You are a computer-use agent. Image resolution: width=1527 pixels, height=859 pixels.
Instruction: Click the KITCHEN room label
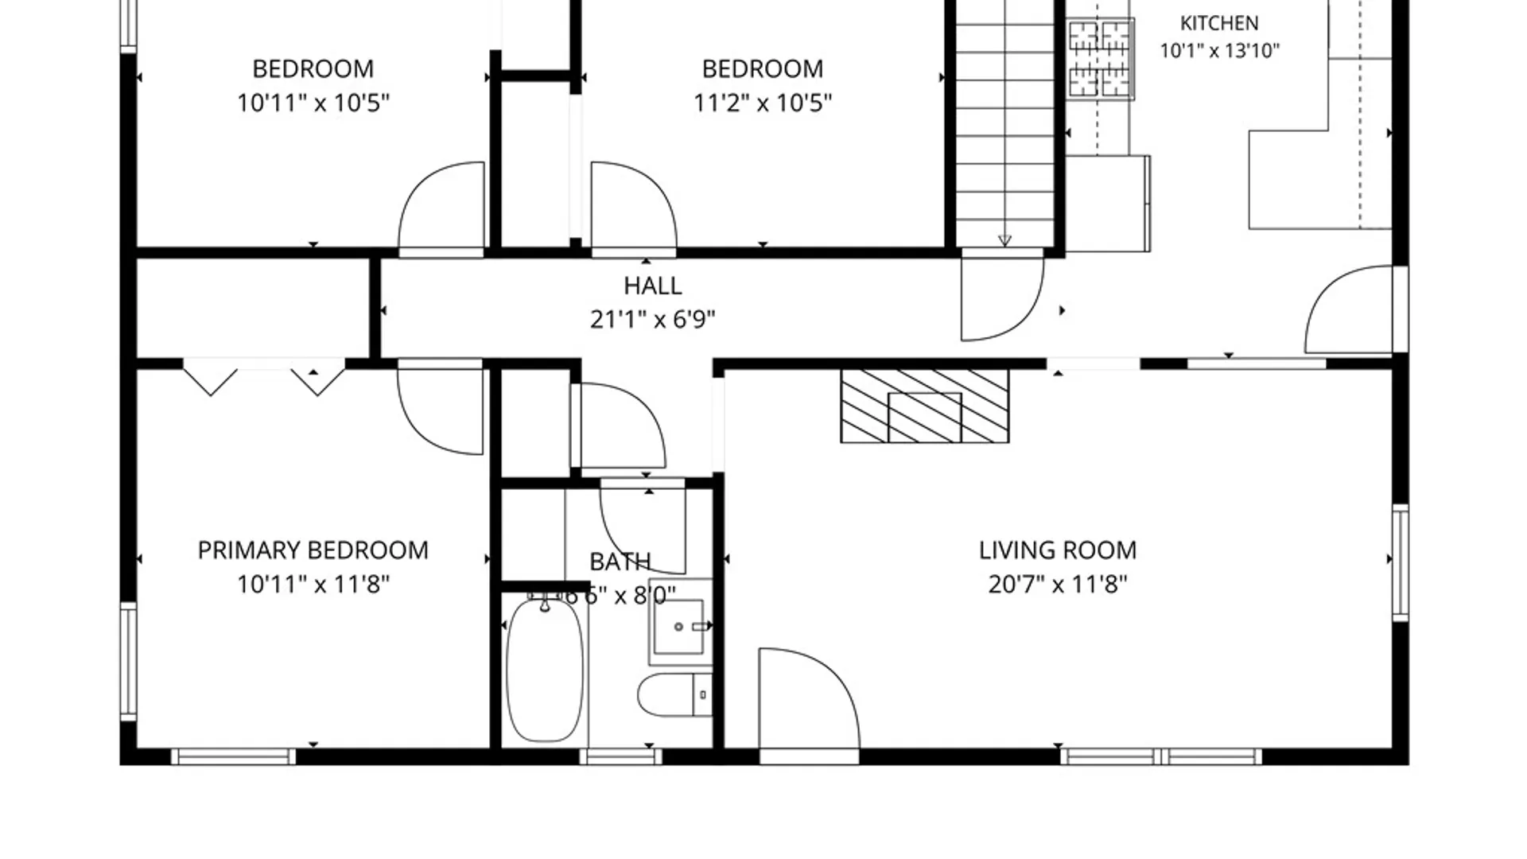pos(1219,23)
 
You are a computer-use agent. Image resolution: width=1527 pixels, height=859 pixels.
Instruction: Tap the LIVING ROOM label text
pos(1057,550)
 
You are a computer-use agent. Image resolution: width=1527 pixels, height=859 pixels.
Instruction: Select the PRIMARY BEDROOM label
pos(313,550)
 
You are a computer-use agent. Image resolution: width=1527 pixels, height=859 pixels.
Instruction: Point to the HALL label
pos(652,286)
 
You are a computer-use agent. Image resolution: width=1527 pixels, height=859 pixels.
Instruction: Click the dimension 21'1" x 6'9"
pos(652,320)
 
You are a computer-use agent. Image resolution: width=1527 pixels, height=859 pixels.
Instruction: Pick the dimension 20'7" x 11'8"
pos(1057,585)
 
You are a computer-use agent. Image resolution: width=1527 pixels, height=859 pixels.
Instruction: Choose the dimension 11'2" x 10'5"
pos(762,103)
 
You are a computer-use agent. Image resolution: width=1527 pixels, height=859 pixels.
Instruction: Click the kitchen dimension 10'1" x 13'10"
pos(1219,51)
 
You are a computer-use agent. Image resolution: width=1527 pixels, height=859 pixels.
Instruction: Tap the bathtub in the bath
pos(545,670)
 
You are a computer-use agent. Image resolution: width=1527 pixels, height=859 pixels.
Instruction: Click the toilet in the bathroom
pos(674,695)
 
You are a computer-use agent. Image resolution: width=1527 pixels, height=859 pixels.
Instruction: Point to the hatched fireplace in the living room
pos(925,406)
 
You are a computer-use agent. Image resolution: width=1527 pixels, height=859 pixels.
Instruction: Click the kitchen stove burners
pos(1101,60)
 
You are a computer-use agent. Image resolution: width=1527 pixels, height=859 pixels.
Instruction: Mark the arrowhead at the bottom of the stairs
pos(1004,240)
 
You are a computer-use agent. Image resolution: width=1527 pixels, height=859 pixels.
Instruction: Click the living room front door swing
pos(809,700)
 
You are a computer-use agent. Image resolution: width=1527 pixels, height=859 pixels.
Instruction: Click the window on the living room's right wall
pos(1400,562)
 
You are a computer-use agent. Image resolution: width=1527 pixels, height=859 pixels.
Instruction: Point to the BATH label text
pos(620,562)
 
